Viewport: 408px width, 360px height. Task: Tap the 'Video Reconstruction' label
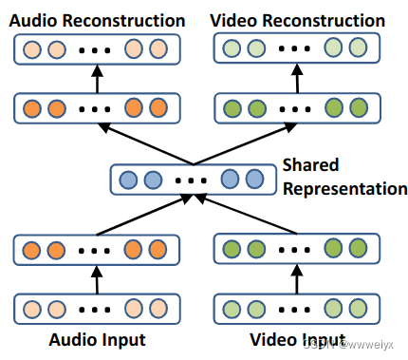(x=297, y=20)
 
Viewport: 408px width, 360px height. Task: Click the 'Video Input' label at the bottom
(x=297, y=338)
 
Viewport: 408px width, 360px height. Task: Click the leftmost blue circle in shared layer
(x=130, y=179)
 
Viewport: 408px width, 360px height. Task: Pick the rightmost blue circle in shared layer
(x=252, y=179)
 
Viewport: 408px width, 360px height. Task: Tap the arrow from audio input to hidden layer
(x=95, y=280)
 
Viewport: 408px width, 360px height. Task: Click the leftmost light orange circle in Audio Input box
(x=33, y=311)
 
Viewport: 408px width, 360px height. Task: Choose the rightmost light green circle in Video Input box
(x=357, y=311)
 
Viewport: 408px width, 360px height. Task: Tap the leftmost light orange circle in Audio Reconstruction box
(x=33, y=48)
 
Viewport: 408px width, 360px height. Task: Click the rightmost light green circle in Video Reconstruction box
(x=357, y=48)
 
